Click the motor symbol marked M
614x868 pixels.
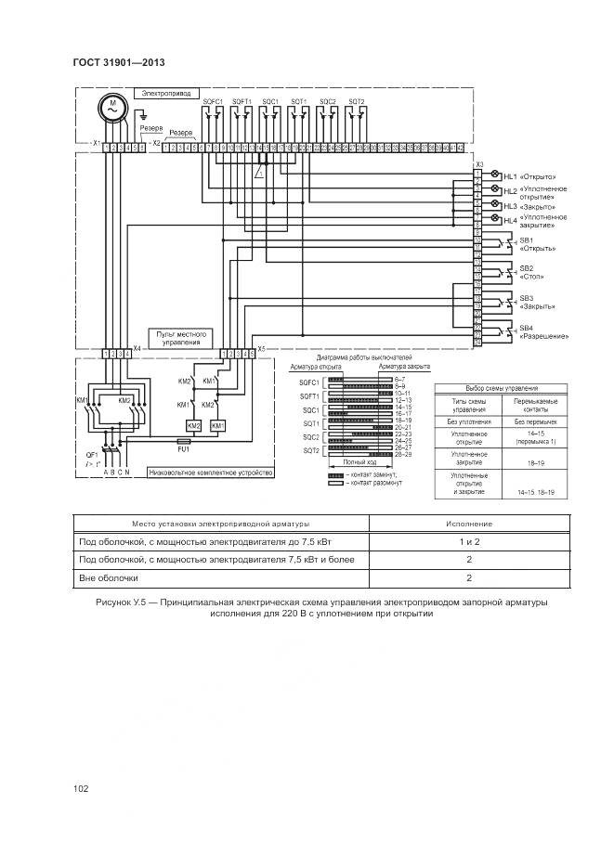[111, 108]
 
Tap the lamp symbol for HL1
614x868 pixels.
[495, 175]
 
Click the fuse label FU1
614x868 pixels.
[184, 449]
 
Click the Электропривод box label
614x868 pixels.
[163, 93]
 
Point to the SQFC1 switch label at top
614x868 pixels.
[213, 100]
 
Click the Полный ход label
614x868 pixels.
[359, 461]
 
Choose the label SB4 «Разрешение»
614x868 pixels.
[542, 331]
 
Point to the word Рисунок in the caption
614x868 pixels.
[113, 602]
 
